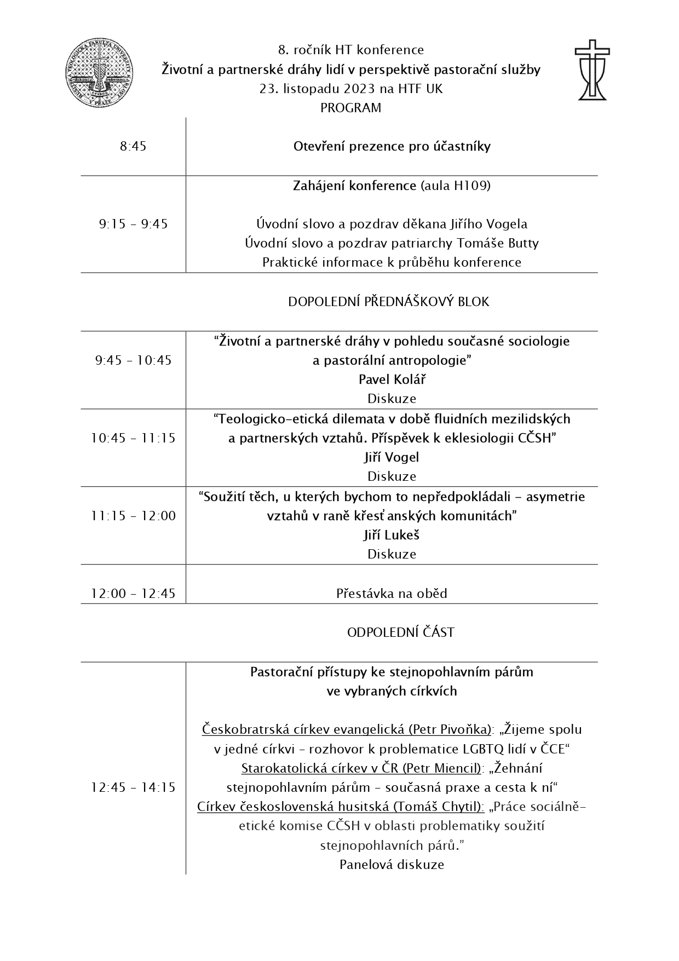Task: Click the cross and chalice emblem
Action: click(x=592, y=70)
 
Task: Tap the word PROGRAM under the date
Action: click(x=350, y=108)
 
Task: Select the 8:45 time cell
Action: click(x=133, y=146)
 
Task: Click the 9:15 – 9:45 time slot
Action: click(x=133, y=224)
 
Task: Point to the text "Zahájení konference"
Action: click(x=355, y=186)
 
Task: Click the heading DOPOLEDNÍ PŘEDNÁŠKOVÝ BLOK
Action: click(x=388, y=302)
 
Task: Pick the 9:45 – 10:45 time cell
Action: click(x=133, y=360)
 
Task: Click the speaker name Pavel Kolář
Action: click(x=392, y=379)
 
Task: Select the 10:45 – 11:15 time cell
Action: click(x=133, y=438)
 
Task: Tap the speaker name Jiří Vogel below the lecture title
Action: click(x=392, y=457)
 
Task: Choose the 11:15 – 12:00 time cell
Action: click(x=133, y=516)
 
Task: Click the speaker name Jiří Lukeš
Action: click(x=392, y=535)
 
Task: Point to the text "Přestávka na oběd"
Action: click(x=392, y=594)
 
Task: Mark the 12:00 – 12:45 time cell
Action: click(x=133, y=594)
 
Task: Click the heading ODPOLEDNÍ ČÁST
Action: click(x=400, y=632)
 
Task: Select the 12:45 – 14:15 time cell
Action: click(x=133, y=787)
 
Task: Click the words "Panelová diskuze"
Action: click(x=392, y=865)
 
